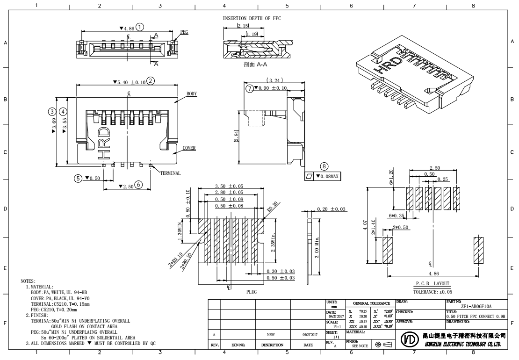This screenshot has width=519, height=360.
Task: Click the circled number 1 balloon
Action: [140, 27]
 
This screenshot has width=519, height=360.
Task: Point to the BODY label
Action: [192, 94]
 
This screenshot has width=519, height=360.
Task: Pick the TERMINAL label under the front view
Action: [170, 173]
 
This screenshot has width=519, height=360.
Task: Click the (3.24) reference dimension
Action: [274, 80]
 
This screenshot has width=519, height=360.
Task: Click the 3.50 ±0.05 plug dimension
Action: [229, 186]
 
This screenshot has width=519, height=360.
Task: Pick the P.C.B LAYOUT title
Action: [432, 284]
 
